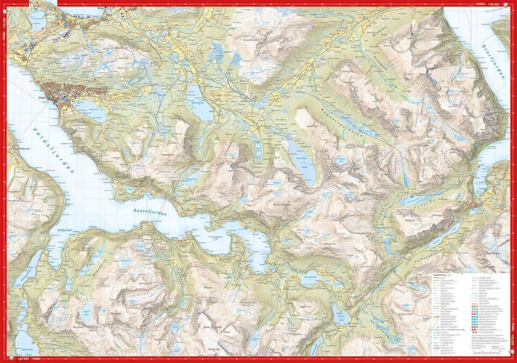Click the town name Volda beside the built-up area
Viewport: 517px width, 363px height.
[48, 98]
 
